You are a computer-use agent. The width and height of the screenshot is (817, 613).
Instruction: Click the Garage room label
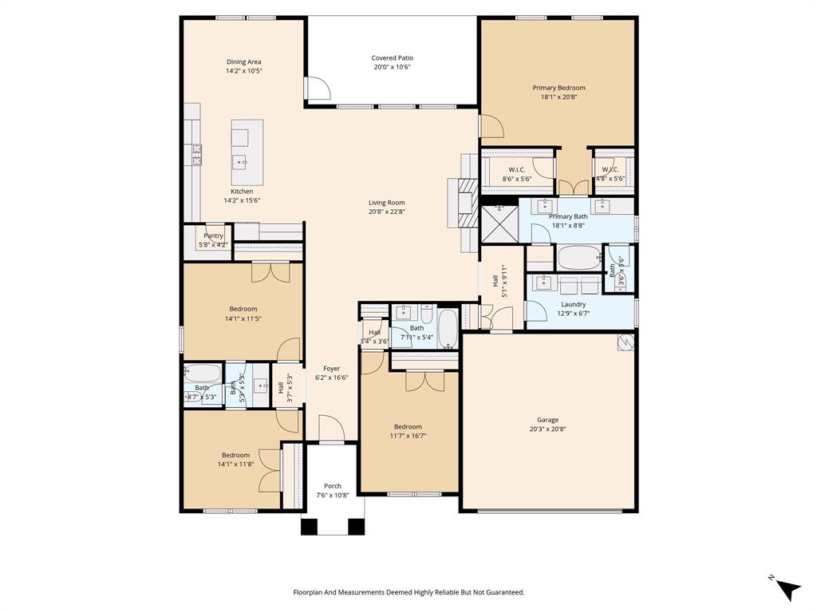point(547,420)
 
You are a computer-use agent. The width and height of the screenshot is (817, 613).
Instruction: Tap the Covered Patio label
point(393,57)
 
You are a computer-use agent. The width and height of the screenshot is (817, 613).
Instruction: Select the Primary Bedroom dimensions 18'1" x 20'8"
point(558,97)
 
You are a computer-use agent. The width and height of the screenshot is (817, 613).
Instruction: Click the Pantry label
point(213,235)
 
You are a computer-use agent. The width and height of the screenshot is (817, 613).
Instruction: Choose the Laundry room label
point(573,304)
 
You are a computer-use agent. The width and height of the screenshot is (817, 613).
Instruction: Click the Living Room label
point(386,203)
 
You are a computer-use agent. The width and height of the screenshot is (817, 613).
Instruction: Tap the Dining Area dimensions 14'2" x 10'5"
point(243,71)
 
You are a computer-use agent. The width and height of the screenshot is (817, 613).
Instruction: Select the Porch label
point(333,486)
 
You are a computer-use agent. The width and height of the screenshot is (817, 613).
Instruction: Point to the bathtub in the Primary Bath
point(578,258)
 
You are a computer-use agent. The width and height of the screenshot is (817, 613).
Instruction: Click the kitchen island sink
point(240,162)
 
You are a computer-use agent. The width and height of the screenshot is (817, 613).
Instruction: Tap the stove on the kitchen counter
point(195,154)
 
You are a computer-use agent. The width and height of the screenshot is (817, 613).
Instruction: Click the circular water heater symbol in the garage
point(625,342)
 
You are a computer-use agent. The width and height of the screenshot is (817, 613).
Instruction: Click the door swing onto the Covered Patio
point(317,88)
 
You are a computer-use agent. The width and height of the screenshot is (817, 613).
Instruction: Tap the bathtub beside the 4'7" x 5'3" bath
point(203,373)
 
